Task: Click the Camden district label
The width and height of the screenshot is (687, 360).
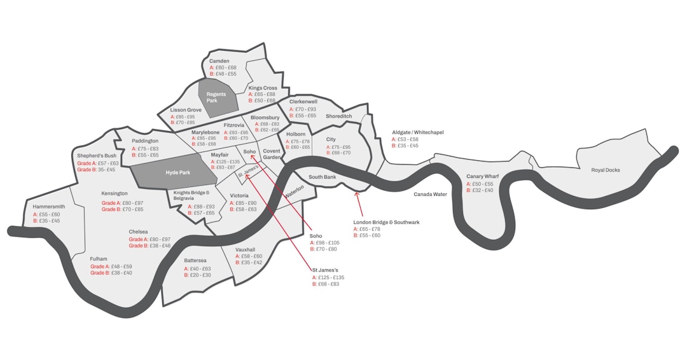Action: (219, 61)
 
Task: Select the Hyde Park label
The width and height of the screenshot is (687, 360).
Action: (177, 172)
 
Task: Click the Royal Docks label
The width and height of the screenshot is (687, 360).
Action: (606, 170)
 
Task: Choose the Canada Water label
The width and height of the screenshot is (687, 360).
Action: (431, 193)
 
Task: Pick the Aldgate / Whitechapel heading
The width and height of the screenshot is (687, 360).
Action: (417, 132)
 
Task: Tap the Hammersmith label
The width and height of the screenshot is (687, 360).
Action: (48, 207)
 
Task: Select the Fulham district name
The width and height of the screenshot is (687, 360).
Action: (99, 259)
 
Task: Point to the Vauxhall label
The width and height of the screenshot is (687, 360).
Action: (245, 250)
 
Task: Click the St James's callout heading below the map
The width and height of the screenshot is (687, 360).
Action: (325, 270)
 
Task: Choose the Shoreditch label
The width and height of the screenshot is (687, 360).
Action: (338, 116)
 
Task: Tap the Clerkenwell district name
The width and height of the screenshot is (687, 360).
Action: (303, 101)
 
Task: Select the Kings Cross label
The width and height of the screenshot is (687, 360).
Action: (263, 88)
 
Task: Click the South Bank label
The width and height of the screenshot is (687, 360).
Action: (322, 177)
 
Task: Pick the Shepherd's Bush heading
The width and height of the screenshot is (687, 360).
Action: (97, 156)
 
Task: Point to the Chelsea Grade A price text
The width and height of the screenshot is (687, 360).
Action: (149, 239)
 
